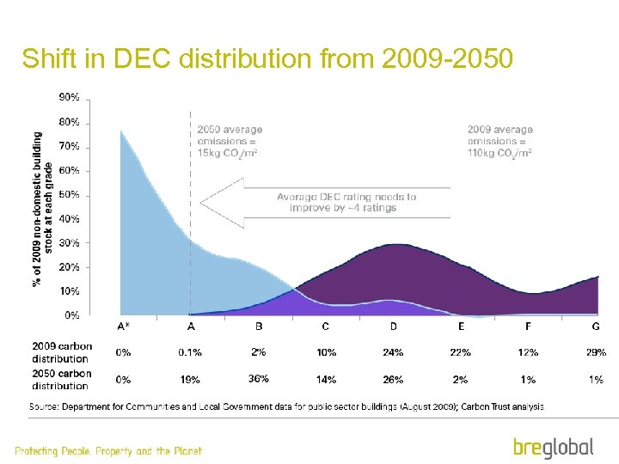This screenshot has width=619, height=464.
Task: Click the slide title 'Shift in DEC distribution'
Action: (267, 58)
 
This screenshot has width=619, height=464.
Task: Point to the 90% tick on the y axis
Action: (70, 98)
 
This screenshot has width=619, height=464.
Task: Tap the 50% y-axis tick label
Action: (70, 195)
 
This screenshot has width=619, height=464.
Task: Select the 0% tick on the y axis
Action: (72, 315)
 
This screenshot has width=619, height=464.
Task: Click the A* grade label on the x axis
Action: (123, 327)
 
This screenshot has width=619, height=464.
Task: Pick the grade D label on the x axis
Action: (393, 327)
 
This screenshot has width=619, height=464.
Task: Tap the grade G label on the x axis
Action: (596, 327)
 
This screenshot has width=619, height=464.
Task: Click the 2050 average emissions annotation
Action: (230, 141)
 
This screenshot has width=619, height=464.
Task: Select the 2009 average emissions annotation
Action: (499, 141)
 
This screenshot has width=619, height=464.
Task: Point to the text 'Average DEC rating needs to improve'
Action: (346, 202)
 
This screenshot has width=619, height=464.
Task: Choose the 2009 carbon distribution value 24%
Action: (393, 352)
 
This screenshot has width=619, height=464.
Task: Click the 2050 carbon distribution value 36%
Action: (258, 379)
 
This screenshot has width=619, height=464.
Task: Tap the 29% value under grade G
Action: (596, 352)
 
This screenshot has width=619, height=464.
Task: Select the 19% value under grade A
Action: (191, 379)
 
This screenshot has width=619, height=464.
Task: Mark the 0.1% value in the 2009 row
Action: (191, 352)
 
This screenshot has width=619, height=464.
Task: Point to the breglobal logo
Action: (553, 447)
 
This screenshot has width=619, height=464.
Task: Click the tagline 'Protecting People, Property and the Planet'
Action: (108, 451)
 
